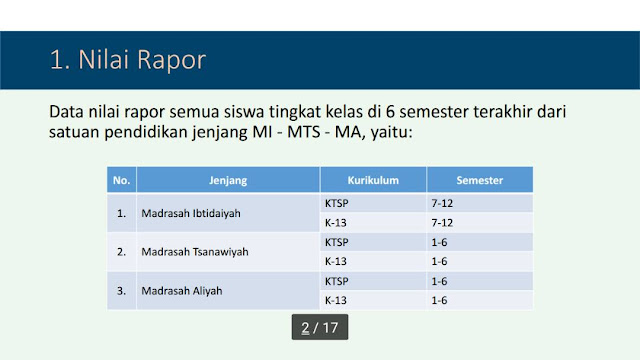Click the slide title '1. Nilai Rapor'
[128, 59]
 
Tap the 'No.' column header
[122, 181]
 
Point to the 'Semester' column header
[480, 181]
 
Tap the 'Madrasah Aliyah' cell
[180, 291]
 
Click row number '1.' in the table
[121, 213]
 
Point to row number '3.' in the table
[121, 291]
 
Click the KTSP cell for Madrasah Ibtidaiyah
[337, 203]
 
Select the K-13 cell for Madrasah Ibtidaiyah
[335, 222]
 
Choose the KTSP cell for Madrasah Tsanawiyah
[337, 242]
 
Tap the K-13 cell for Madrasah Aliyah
[335, 300]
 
